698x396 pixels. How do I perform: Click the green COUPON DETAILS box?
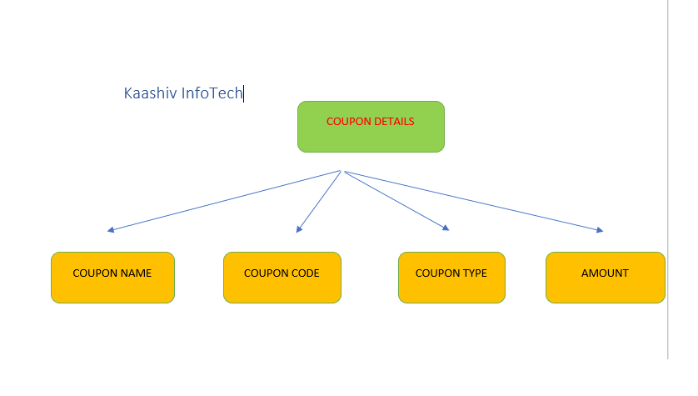pyautogui.click(x=371, y=127)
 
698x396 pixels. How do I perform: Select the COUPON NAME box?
pyautogui.click(x=112, y=278)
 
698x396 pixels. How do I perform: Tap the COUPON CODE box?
pyautogui.click(x=282, y=278)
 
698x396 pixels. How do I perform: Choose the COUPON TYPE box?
pyautogui.click(x=451, y=278)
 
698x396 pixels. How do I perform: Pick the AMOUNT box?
pyautogui.click(x=606, y=278)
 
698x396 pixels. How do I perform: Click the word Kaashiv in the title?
pyautogui.click(x=151, y=93)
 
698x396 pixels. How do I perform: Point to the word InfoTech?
pyautogui.click(x=212, y=93)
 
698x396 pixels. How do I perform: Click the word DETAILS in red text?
pyautogui.click(x=395, y=122)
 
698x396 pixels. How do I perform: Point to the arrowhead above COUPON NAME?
pyautogui.click(x=111, y=230)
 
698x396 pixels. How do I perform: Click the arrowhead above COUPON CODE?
pyautogui.click(x=299, y=229)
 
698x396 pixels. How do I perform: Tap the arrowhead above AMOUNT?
pyautogui.click(x=600, y=230)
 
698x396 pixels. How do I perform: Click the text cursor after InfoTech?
pyautogui.click(x=243, y=93)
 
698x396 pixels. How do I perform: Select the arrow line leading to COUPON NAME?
pyautogui.click(x=224, y=200)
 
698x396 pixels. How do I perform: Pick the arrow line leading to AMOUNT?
pyautogui.click(x=474, y=200)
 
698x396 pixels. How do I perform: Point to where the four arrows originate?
pyautogui.click(x=342, y=171)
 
